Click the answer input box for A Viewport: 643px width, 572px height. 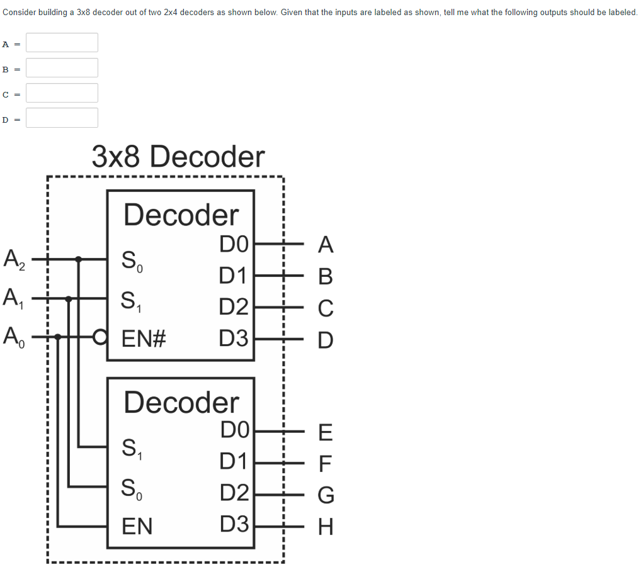pos(62,43)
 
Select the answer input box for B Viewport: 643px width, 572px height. pos(62,68)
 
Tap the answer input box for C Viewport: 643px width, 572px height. pos(62,93)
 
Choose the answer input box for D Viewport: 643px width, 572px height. pos(62,118)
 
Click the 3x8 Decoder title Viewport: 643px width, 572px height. pos(178,157)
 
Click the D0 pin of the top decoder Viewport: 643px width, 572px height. pos(234,244)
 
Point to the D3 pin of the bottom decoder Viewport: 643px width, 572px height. pos(234,524)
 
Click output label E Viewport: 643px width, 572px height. pos(325,433)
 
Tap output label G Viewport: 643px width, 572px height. pos(325,495)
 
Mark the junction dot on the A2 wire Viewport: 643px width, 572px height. pos(78,259)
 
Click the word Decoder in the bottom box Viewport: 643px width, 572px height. pos(181,402)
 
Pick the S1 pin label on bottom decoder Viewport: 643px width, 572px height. pos(132,448)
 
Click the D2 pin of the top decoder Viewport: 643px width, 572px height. pos(234,307)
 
